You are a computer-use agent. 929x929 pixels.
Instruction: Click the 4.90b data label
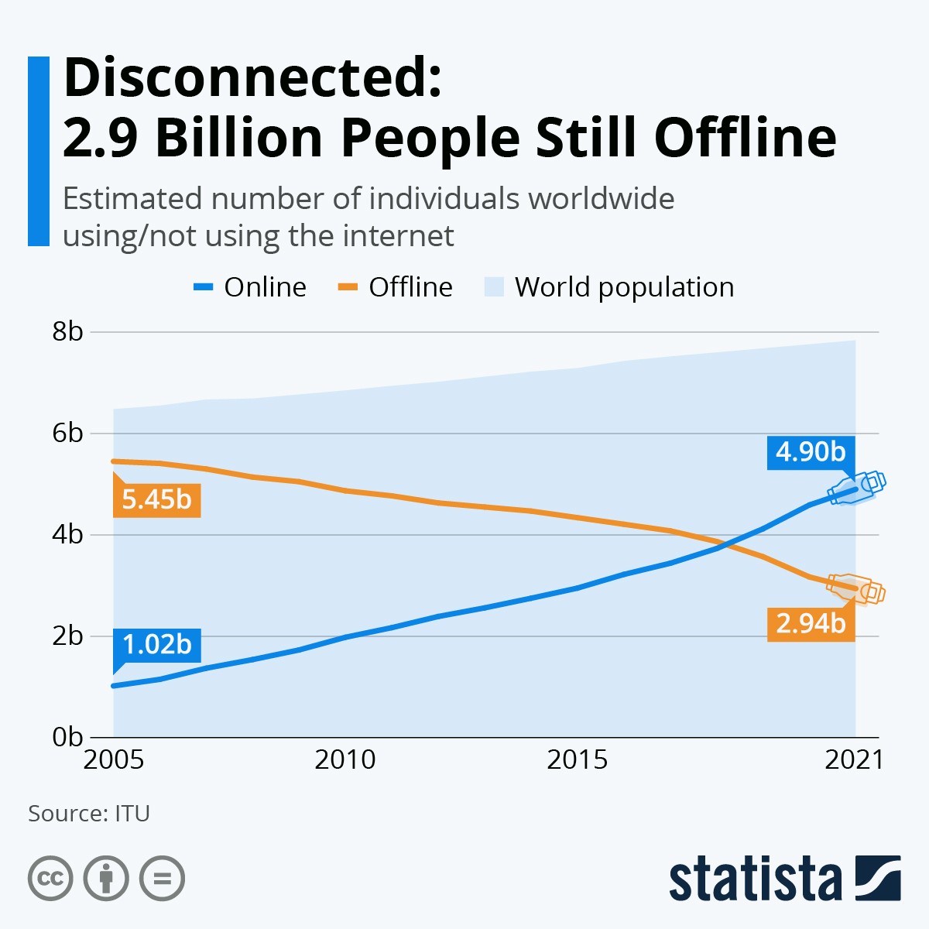(811, 451)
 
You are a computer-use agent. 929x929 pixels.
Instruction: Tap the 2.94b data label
(811, 622)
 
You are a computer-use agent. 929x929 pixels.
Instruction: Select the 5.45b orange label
(156, 499)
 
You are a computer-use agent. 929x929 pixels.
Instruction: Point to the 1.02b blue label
(156, 644)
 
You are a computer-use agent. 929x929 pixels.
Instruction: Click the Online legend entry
(250, 287)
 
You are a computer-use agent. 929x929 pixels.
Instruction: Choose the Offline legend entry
(396, 287)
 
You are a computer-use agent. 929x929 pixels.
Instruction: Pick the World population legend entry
(609, 287)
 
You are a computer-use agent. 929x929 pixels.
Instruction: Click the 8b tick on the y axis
(67, 331)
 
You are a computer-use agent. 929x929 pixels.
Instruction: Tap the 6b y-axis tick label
(67, 433)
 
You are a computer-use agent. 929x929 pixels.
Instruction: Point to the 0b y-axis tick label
(67, 737)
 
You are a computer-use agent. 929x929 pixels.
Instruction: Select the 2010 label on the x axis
(345, 760)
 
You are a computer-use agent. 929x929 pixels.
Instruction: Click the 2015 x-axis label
(577, 760)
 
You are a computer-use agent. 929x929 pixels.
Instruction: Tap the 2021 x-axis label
(854, 760)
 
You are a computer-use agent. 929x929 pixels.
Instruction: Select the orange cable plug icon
(856, 589)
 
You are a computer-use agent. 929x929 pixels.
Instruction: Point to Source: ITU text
(89, 814)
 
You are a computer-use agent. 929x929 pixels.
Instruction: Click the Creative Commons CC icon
(50, 879)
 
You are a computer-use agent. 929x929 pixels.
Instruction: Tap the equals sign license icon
(162, 879)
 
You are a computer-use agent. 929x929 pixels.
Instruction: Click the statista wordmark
(755, 879)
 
